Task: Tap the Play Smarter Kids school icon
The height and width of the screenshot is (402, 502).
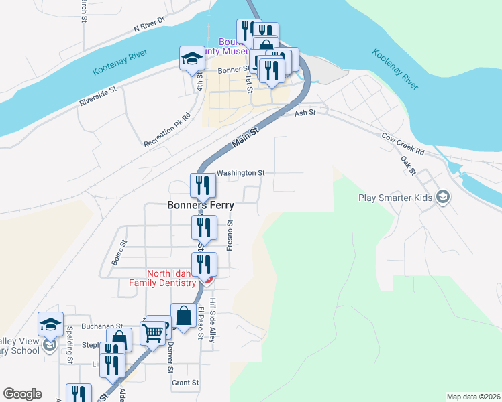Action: click(442, 198)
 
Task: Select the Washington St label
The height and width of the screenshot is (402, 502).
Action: click(240, 173)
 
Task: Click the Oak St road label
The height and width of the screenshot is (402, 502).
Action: click(407, 165)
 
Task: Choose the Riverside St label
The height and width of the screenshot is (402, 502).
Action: click(98, 96)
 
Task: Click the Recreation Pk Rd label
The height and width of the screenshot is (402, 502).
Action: click(168, 129)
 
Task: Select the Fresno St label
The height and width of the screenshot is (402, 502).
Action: click(230, 235)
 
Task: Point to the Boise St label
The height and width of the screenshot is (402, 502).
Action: click(119, 253)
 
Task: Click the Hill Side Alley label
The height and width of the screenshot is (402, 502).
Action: click(213, 321)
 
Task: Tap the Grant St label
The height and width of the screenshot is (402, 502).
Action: click(185, 383)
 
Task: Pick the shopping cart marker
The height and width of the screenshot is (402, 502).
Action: click(152, 332)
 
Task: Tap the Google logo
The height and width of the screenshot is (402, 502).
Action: click(22, 394)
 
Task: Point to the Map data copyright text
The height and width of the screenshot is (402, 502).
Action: click(472, 397)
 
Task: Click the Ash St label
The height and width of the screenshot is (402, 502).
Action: click(305, 113)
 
